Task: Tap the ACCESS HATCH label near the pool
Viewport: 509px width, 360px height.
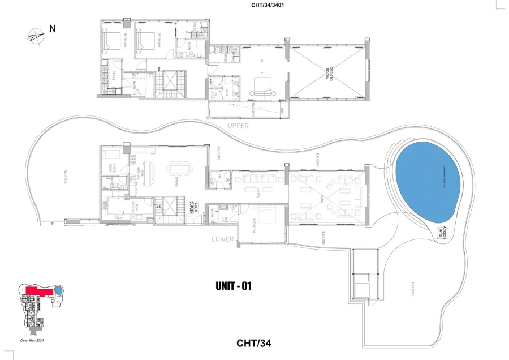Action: point(443,233)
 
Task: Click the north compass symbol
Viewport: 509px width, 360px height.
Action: point(35,36)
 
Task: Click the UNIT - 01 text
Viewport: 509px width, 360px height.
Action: point(233,286)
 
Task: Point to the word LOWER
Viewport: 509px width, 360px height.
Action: point(223,239)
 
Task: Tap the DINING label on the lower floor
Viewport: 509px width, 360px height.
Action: point(177,182)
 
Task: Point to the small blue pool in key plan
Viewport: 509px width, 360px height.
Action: point(58,290)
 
